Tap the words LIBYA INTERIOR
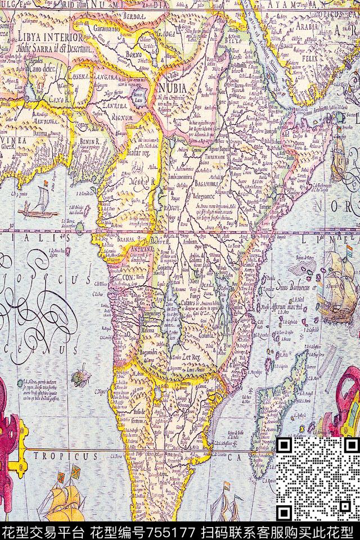49,37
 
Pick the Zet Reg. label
187,356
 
